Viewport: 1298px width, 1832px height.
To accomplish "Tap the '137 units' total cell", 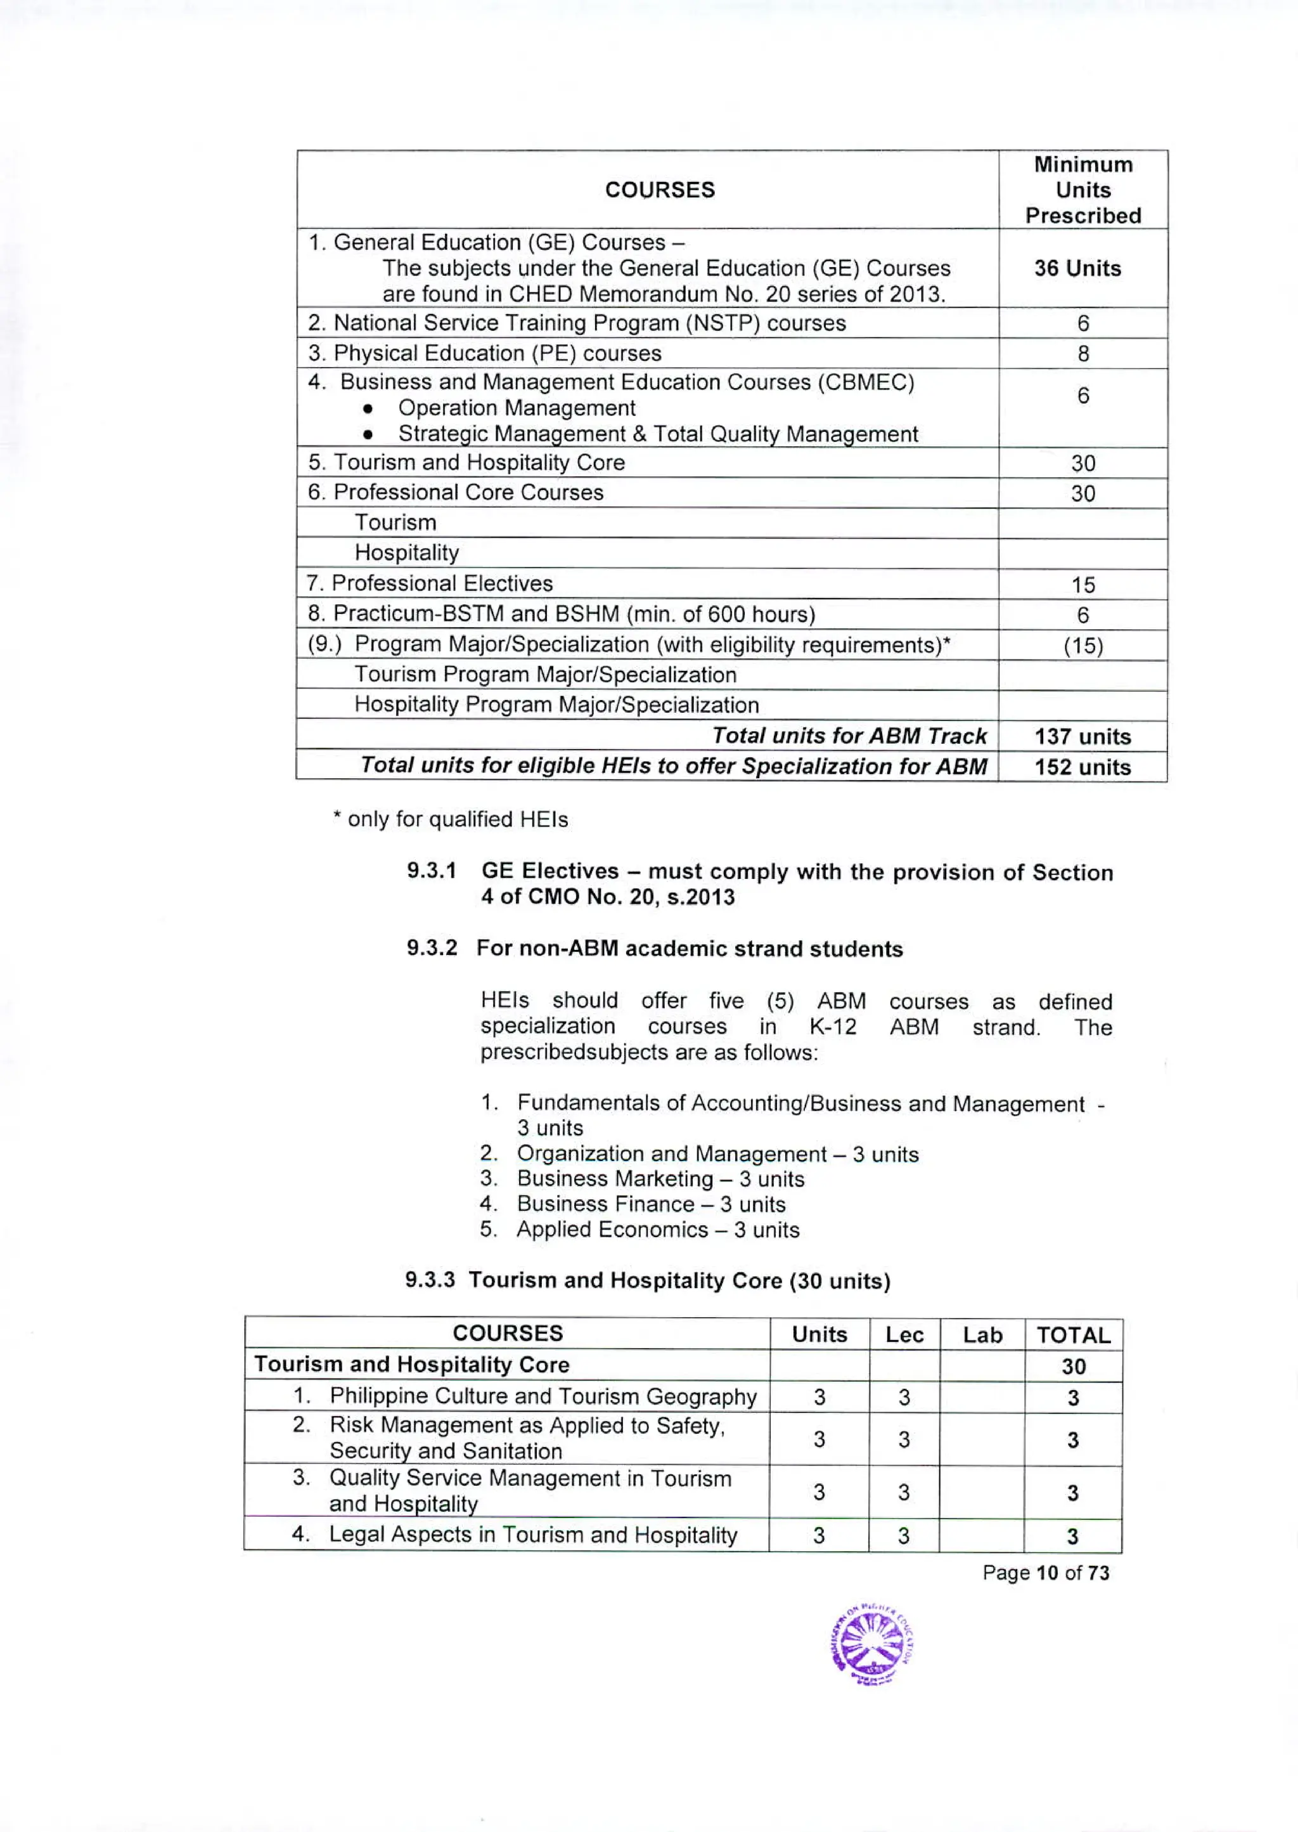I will click(1083, 736).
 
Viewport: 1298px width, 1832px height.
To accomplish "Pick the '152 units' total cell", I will click(1083, 767).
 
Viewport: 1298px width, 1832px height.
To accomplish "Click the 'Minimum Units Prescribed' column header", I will click(1083, 190).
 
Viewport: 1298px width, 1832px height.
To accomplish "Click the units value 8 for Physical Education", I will click(1083, 353).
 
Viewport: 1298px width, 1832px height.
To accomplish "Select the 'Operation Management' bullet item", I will click(517, 408).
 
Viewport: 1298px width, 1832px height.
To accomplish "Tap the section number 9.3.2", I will click(432, 949).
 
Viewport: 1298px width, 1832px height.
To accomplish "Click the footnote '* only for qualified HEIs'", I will click(450, 820).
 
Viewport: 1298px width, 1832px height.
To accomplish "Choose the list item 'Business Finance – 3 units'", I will click(651, 1204).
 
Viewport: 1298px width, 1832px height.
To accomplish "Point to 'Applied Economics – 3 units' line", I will click(657, 1230).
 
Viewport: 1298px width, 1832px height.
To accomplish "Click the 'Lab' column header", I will click(982, 1335).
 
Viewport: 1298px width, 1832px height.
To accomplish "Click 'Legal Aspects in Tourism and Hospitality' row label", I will click(532, 1535).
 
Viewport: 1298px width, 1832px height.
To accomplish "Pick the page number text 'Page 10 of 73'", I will click(1045, 1573).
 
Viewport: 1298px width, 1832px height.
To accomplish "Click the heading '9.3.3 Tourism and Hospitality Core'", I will click(647, 1280).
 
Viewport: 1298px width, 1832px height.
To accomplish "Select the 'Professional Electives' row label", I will click(441, 584).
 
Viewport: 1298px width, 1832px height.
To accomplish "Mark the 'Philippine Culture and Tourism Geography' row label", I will click(542, 1396).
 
